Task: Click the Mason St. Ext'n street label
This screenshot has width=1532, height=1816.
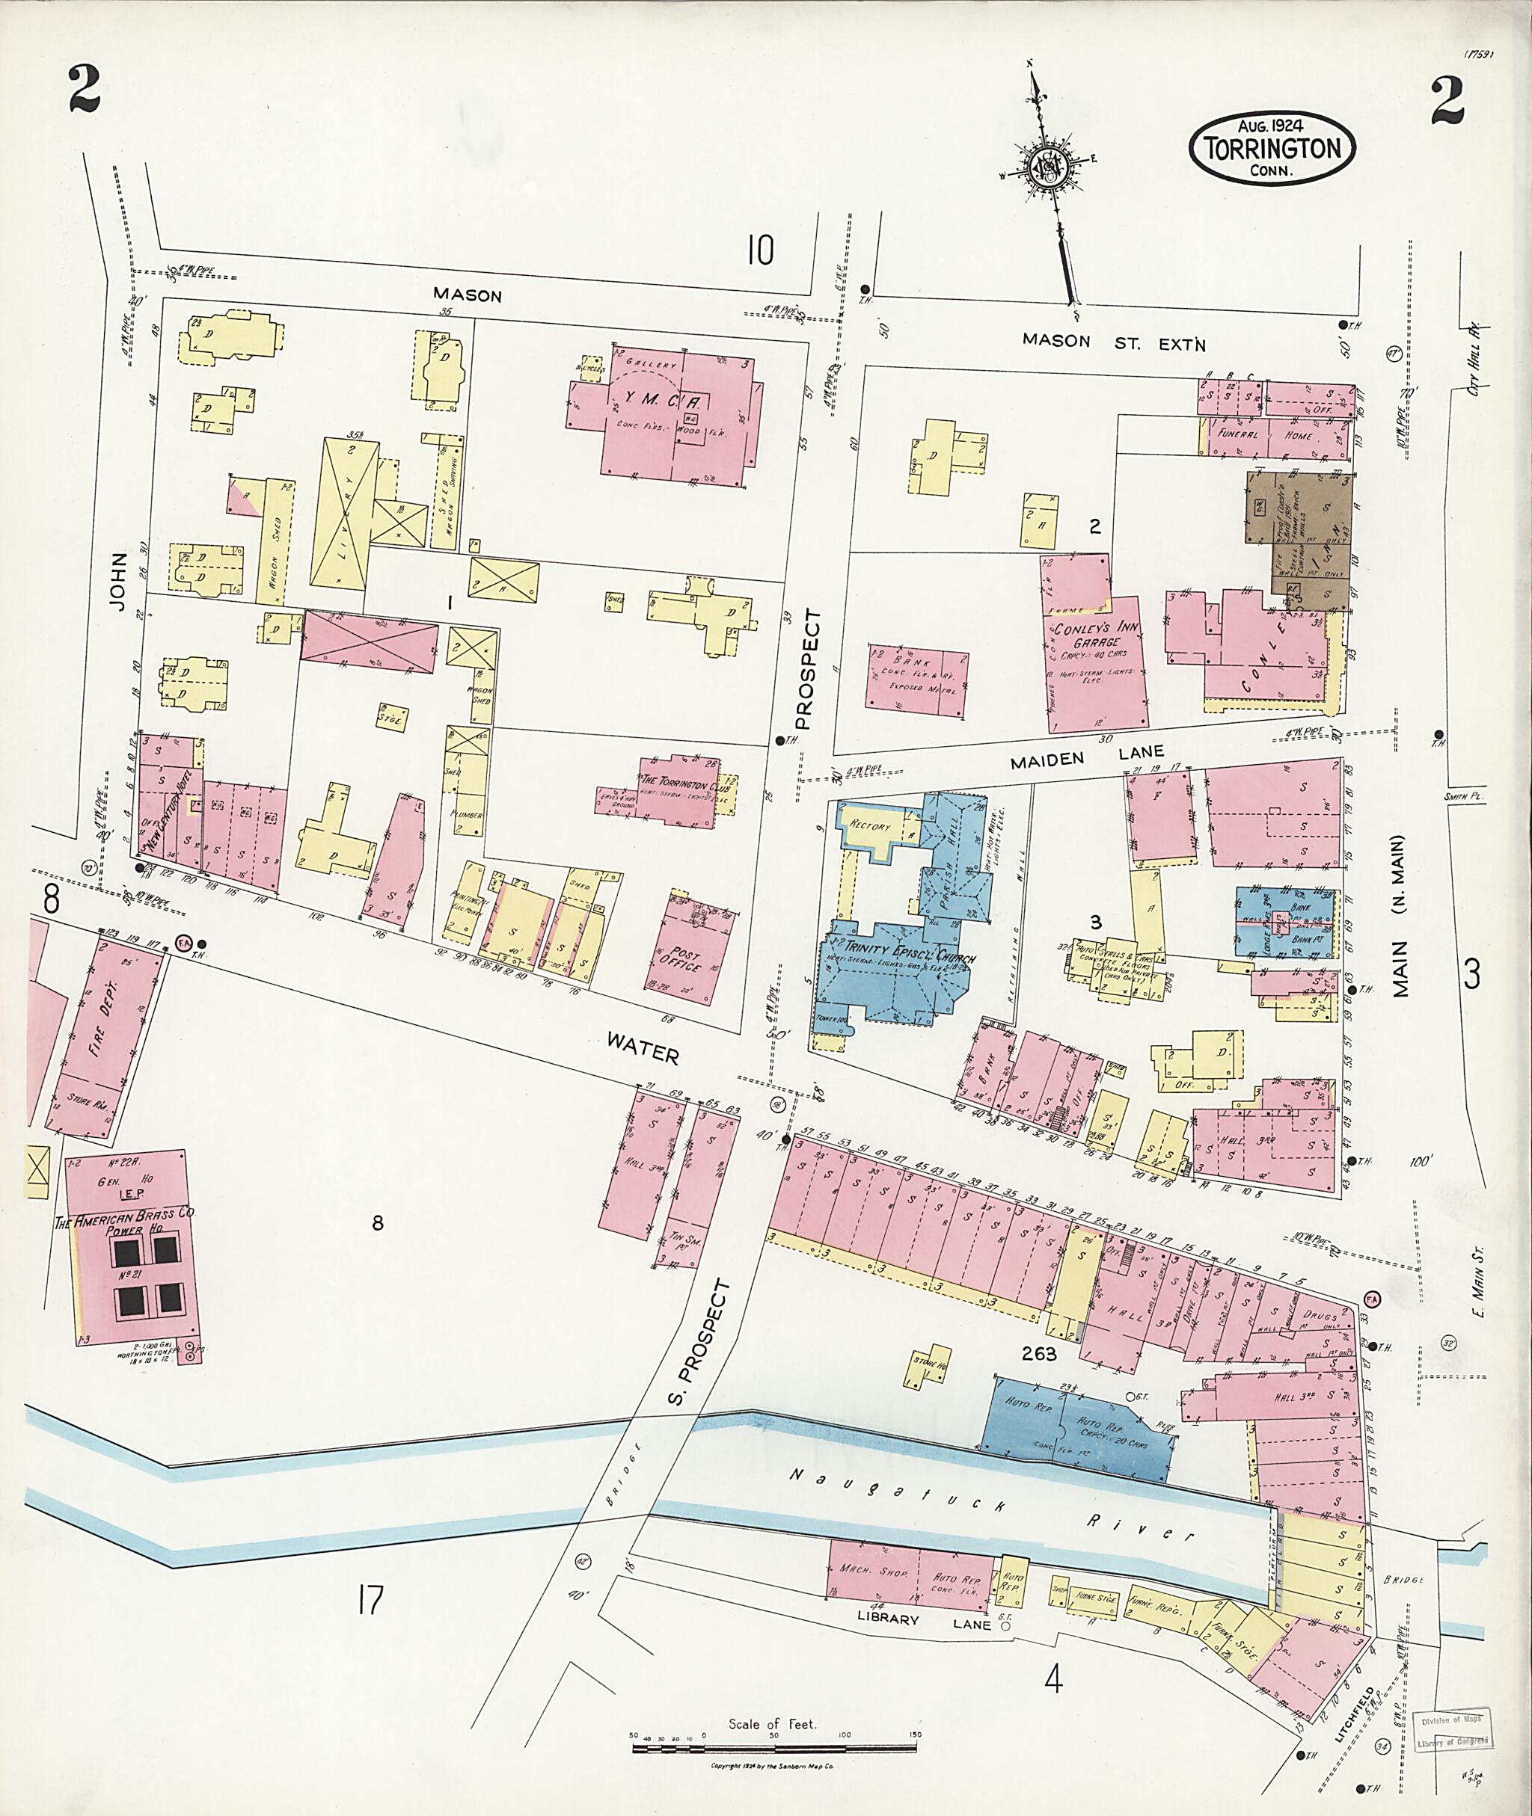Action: (1113, 341)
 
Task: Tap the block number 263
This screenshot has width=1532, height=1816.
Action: (1039, 1353)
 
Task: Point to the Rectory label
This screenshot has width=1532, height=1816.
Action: (870, 825)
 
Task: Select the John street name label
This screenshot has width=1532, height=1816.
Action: (119, 581)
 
